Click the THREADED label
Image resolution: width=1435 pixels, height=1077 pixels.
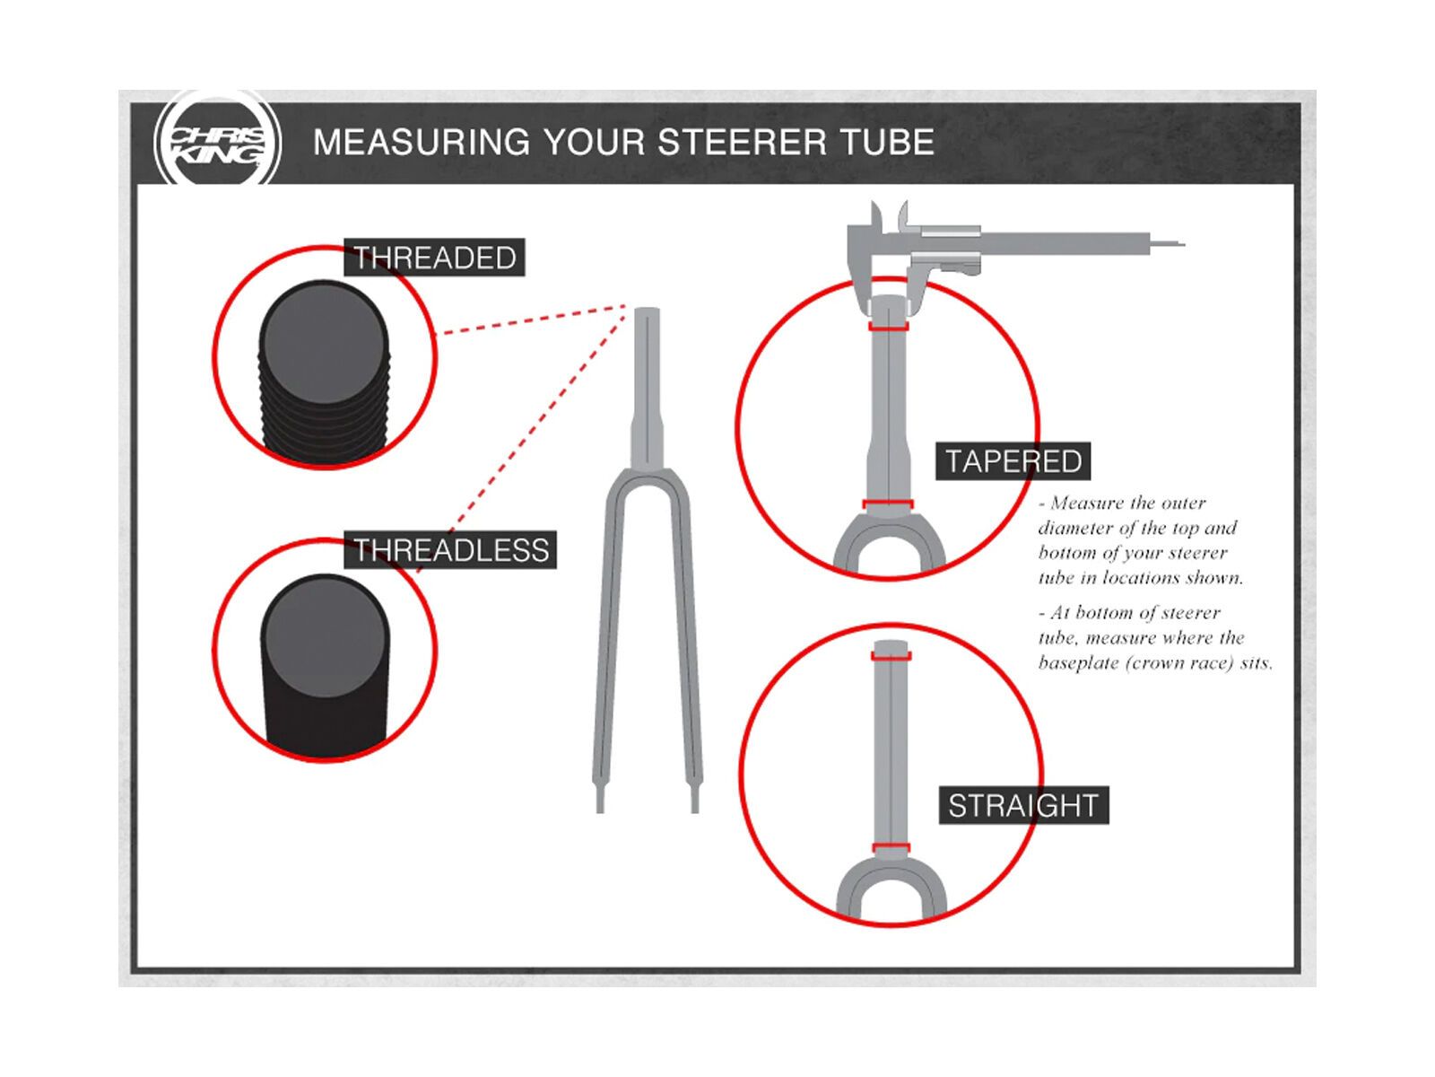[x=434, y=257]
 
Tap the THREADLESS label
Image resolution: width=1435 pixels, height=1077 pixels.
[x=450, y=549]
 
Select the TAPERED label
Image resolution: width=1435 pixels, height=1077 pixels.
[x=1013, y=461]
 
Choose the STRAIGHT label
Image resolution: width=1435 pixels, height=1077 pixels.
[x=1023, y=805]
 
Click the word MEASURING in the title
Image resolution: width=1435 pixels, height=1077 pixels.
[x=422, y=142]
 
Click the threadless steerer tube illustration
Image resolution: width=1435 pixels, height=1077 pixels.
[x=325, y=665]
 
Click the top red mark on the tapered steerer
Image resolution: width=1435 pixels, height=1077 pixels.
[x=889, y=327]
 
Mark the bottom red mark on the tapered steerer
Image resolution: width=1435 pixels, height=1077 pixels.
[x=888, y=504]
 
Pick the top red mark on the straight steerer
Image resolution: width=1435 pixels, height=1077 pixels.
[x=891, y=656]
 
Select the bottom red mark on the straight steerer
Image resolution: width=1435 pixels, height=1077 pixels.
[x=891, y=848]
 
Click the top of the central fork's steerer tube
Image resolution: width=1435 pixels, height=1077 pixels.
[x=647, y=310]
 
